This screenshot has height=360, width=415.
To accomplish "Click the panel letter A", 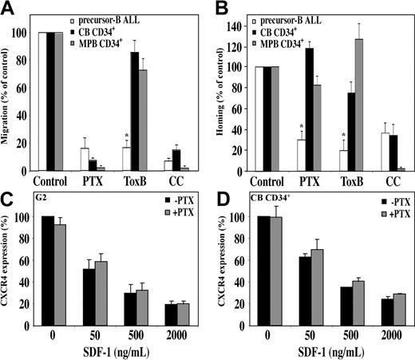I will (9, 7).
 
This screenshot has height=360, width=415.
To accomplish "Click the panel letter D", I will (217, 186).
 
